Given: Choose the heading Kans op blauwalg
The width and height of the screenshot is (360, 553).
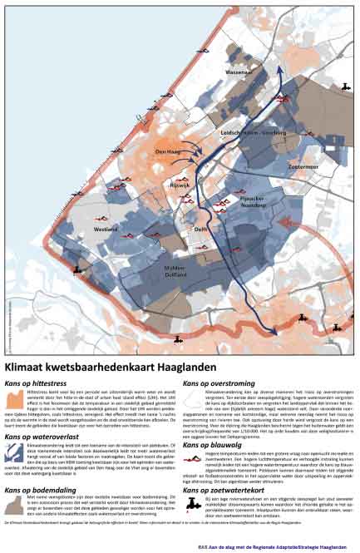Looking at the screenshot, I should (x=211, y=443).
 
